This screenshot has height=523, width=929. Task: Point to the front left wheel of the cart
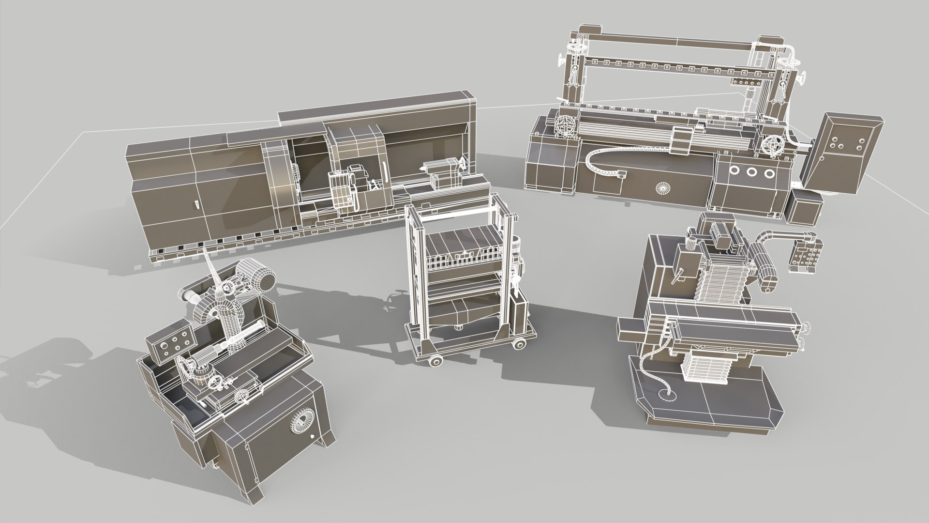click(x=433, y=361)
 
